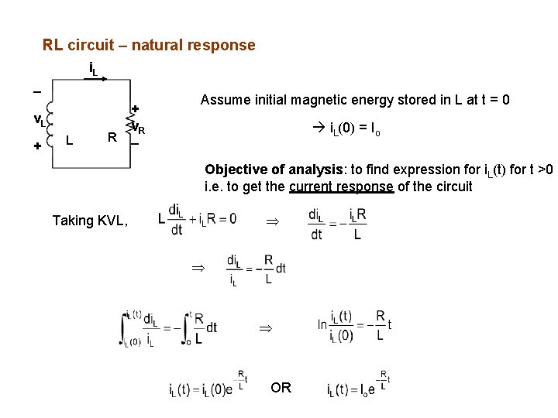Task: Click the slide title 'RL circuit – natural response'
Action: (x=149, y=45)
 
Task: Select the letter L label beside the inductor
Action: (x=70, y=140)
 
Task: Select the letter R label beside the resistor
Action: (x=112, y=139)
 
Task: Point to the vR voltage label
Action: (x=139, y=128)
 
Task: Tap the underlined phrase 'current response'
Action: (x=341, y=187)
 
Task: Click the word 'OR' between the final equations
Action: (x=281, y=387)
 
